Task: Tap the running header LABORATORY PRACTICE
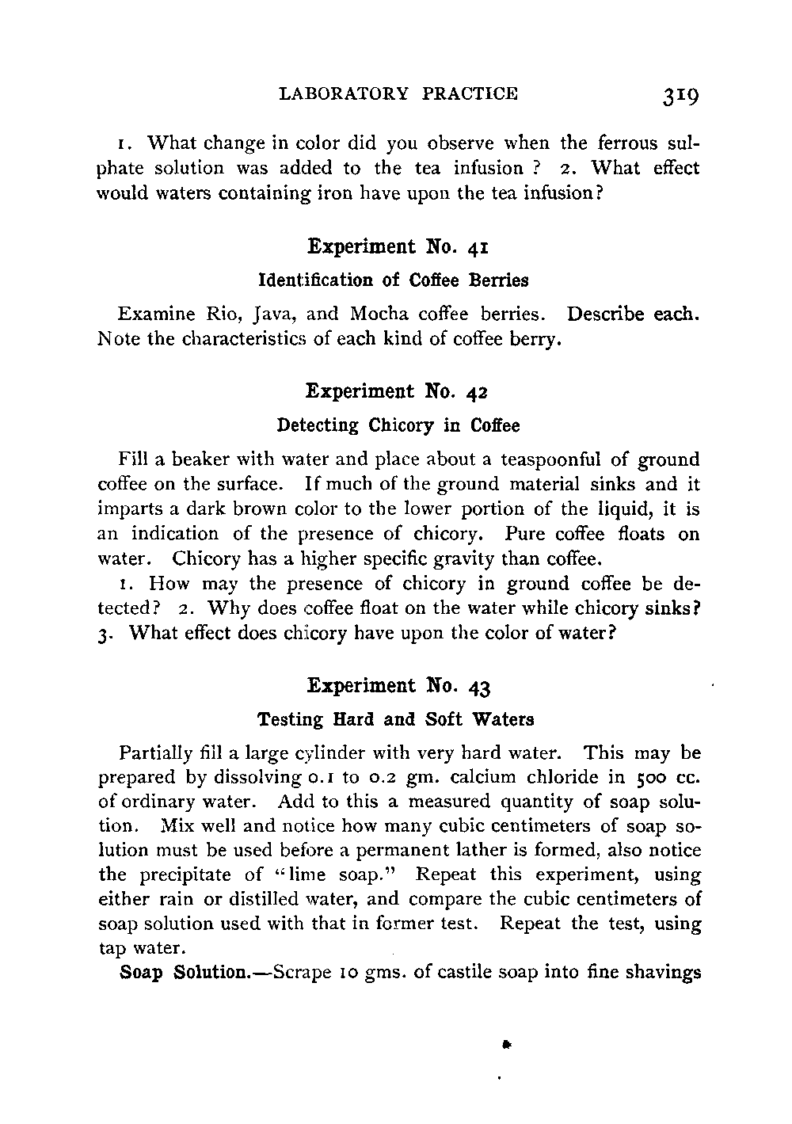(398, 93)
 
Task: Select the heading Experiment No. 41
(397, 246)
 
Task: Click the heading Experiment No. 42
(397, 391)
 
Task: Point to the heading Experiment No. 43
(397, 685)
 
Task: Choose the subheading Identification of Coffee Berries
(394, 280)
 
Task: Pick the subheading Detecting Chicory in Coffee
(398, 426)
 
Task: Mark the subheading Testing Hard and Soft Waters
(396, 719)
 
